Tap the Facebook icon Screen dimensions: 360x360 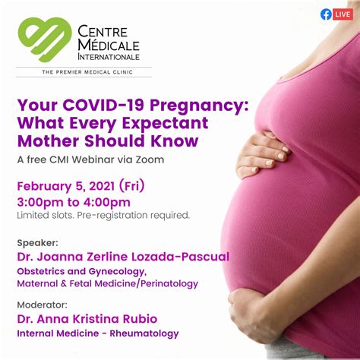(x=327, y=14)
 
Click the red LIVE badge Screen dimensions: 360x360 (x=343, y=14)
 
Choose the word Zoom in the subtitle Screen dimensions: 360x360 (x=148, y=159)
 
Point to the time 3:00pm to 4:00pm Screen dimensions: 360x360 (x=73, y=201)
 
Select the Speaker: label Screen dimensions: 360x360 (x=36, y=242)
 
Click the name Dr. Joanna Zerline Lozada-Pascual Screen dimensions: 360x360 (x=122, y=257)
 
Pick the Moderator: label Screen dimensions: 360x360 (x=43, y=305)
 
